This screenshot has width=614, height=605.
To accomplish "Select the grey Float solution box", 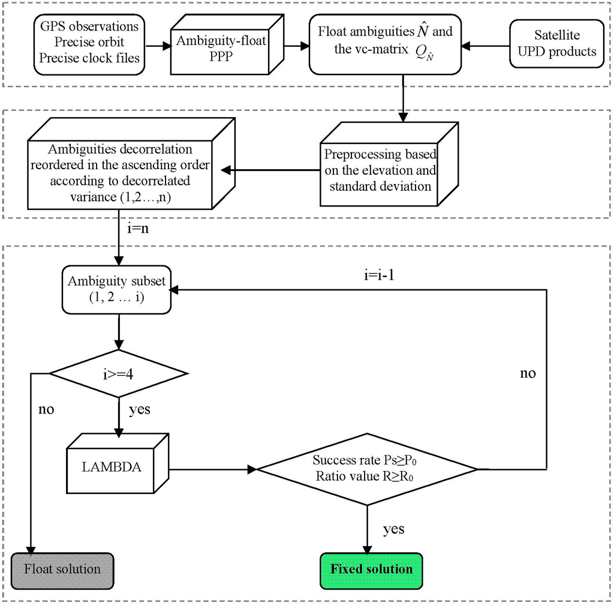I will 63,568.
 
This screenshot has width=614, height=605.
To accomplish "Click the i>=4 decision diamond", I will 118,374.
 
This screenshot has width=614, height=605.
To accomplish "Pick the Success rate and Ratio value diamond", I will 367,469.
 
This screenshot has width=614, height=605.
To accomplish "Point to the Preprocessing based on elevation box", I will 381,170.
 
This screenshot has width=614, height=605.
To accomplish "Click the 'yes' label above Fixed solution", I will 393,529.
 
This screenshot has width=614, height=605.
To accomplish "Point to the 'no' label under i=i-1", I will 528,373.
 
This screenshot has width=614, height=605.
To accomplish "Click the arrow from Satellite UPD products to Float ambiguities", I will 485,46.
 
